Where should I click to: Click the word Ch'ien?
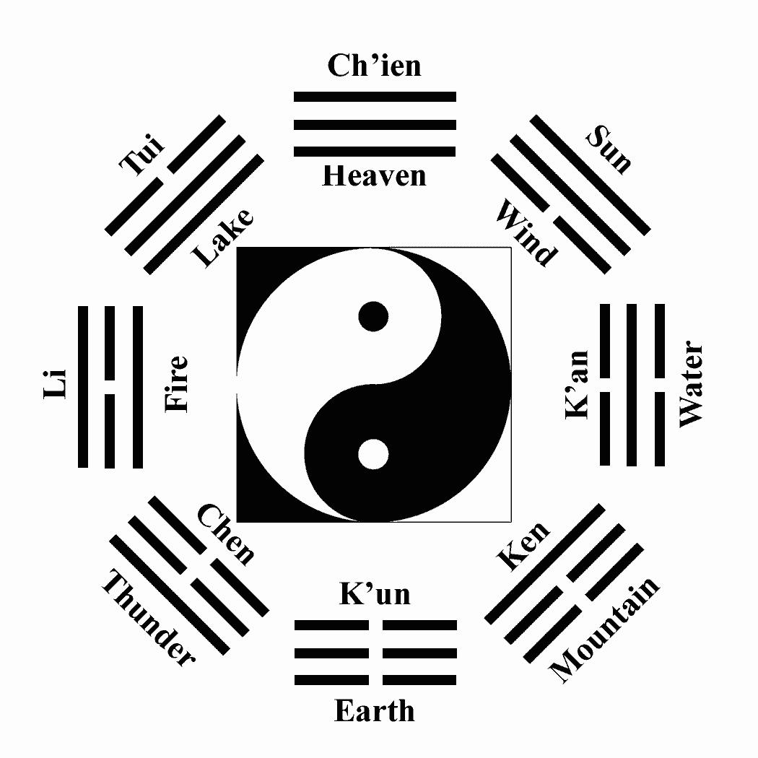374,66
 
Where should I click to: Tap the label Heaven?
374,175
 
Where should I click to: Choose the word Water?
690,384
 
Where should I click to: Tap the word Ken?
524,546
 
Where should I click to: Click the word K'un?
375,594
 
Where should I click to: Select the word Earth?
374,711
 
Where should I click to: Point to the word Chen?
226,535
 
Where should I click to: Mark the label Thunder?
148,618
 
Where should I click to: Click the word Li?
56,384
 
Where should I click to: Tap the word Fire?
176,384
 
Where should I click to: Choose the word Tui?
142,154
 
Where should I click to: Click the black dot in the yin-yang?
374,316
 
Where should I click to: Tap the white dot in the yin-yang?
374,454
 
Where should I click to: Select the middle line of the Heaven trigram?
375,124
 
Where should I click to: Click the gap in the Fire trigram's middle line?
110,386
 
